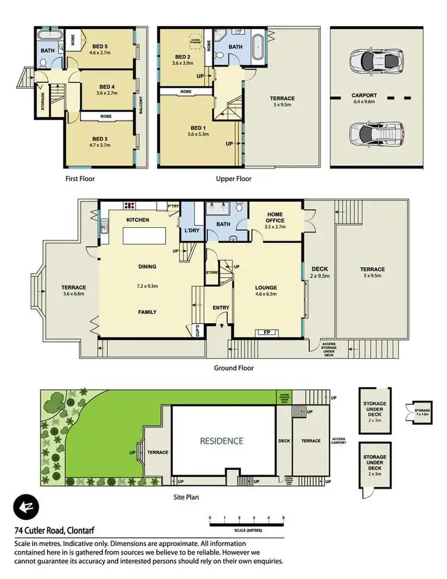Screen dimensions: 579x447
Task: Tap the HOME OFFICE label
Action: coord(275,218)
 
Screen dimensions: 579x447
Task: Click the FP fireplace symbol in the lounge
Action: coord(263,332)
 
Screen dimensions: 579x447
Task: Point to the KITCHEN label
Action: coord(138,220)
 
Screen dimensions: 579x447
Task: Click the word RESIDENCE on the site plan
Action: coord(221,441)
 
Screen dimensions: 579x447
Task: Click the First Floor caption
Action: coord(79,178)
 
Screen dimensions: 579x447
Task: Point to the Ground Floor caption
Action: coord(234,368)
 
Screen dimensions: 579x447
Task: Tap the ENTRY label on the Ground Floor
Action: coord(221,308)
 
